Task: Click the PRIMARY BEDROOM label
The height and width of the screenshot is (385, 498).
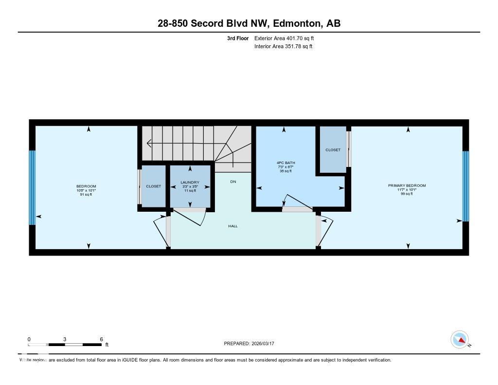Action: (407, 185)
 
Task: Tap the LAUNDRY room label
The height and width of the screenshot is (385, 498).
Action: (190, 183)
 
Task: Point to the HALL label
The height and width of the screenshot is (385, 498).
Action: (233, 226)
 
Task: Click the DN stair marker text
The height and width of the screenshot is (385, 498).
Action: (233, 181)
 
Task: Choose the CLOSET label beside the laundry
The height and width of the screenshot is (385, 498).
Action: (153, 186)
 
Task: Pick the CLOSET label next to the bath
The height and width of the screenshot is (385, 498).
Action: (333, 150)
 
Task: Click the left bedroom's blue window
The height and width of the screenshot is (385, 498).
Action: (32, 187)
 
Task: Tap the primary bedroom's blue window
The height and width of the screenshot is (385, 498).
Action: (465, 186)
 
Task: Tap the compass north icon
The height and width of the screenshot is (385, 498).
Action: (460, 339)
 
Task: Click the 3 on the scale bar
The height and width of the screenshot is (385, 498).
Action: (65, 339)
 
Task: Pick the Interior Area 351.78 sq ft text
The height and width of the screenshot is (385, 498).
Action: (283, 47)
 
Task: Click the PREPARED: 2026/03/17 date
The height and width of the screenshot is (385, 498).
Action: (252, 344)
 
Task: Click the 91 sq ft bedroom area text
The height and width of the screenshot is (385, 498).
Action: (86, 195)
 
